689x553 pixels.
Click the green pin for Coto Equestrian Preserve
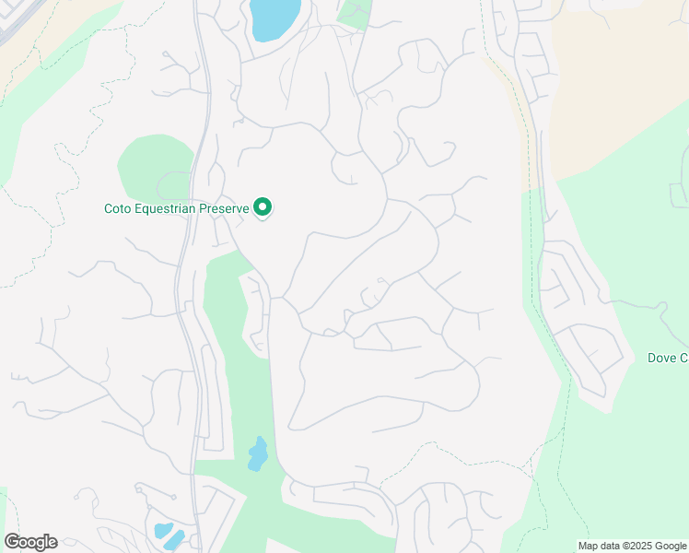[263, 208]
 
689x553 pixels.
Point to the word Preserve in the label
[227, 209]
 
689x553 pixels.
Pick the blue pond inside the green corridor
[257, 454]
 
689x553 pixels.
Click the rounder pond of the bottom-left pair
[163, 530]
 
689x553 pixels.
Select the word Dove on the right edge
[663, 358]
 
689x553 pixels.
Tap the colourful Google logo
[30, 542]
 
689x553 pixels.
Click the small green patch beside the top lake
[355, 13]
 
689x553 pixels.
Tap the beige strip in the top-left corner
[55, 37]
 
